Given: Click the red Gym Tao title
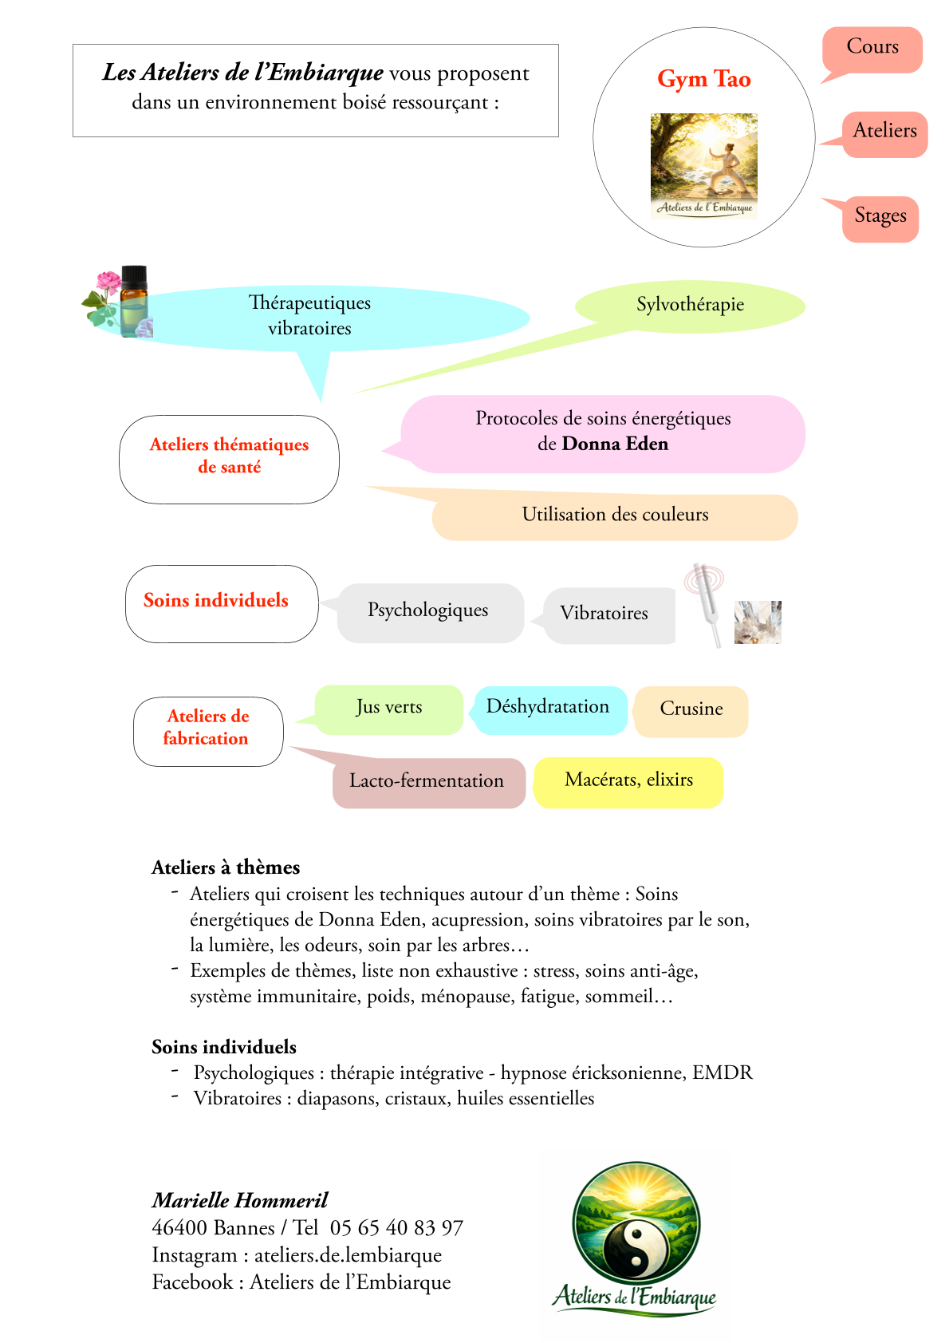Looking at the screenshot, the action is [704, 79].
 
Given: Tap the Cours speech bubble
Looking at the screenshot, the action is [872, 50].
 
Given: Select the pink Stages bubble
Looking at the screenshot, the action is [879, 219].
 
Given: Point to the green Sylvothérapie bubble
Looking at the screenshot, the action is [690, 306].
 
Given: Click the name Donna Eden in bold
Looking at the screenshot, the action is [615, 444].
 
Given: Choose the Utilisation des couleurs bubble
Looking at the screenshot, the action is [615, 517].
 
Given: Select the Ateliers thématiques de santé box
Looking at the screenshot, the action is [229, 460].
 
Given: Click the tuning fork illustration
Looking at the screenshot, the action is [706, 602].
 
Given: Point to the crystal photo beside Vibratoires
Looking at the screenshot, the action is [758, 622].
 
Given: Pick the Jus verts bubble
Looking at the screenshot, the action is [389, 709].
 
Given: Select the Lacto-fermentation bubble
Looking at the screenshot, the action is [427, 782].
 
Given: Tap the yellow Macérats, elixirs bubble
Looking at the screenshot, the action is [628, 782].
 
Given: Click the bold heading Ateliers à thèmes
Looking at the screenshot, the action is [225, 867].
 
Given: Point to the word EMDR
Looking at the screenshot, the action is [723, 1072].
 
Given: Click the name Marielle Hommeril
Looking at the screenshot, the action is [240, 1200].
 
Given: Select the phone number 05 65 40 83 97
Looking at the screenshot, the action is [396, 1228].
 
